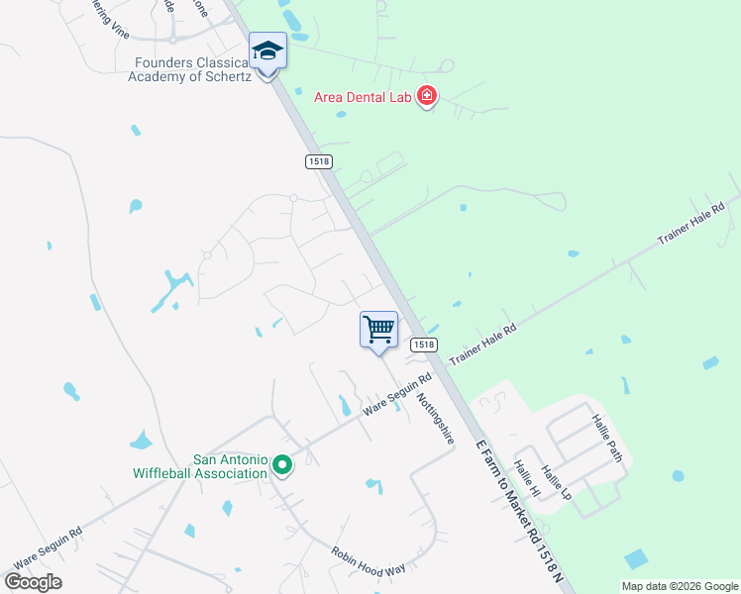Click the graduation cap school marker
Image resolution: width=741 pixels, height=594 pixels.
pos(267,50)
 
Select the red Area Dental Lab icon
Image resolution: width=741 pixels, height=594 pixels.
pos(427,96)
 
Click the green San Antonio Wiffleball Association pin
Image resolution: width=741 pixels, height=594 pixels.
pos(282,463)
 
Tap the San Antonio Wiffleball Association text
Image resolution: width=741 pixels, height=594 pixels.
pos(202,466)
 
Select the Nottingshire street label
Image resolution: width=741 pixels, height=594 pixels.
pos(435,419)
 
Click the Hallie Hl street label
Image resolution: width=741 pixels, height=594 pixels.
pos(526,479)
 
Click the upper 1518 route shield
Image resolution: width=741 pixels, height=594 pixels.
pos(318,160)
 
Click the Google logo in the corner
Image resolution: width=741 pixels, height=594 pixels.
pos(33,582)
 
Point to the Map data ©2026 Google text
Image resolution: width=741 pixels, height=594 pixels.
pos(679,586)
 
